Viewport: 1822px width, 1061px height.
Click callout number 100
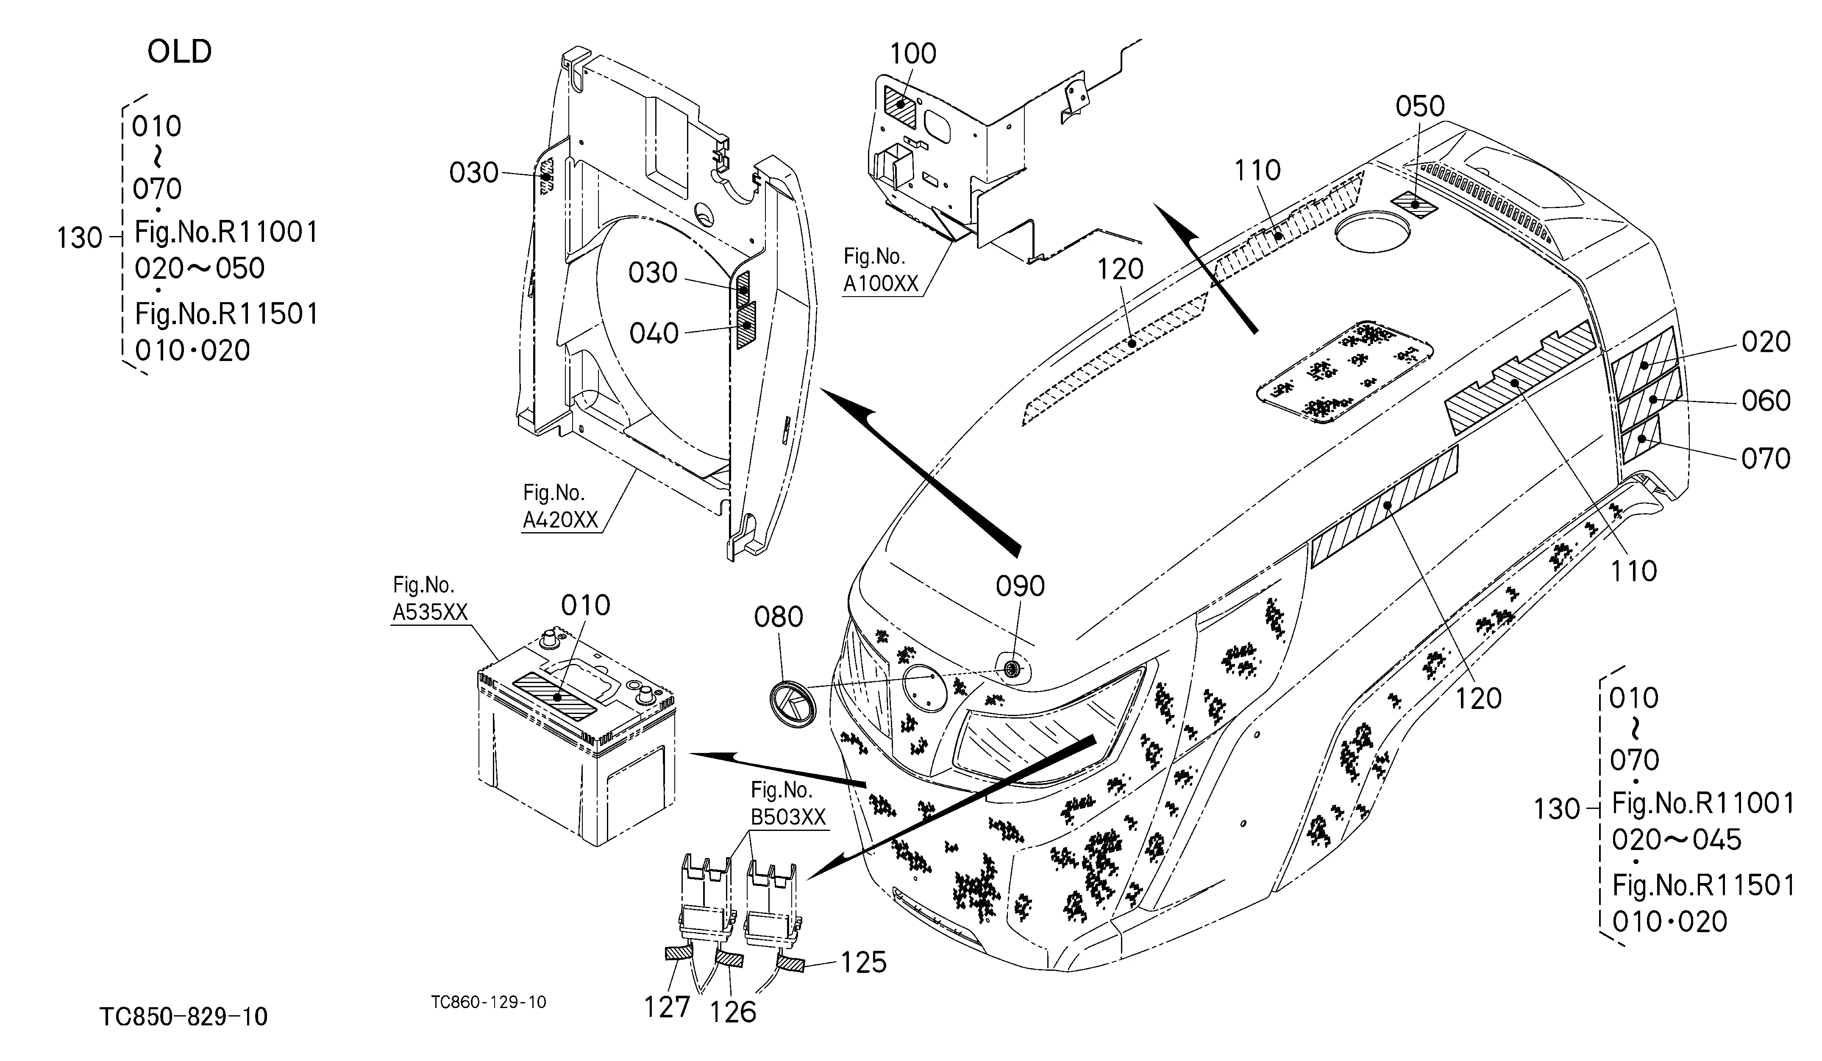coord(912,53)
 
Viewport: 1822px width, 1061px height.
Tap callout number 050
coord(1420,106)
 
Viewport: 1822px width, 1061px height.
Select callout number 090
coord(1020,586)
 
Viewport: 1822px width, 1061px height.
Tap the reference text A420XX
coord(560,519)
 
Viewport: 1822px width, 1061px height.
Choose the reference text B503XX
coord(787,817)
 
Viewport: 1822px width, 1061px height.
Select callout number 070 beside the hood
coord(1766,458)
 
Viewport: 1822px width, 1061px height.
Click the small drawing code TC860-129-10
coord(489,1002)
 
